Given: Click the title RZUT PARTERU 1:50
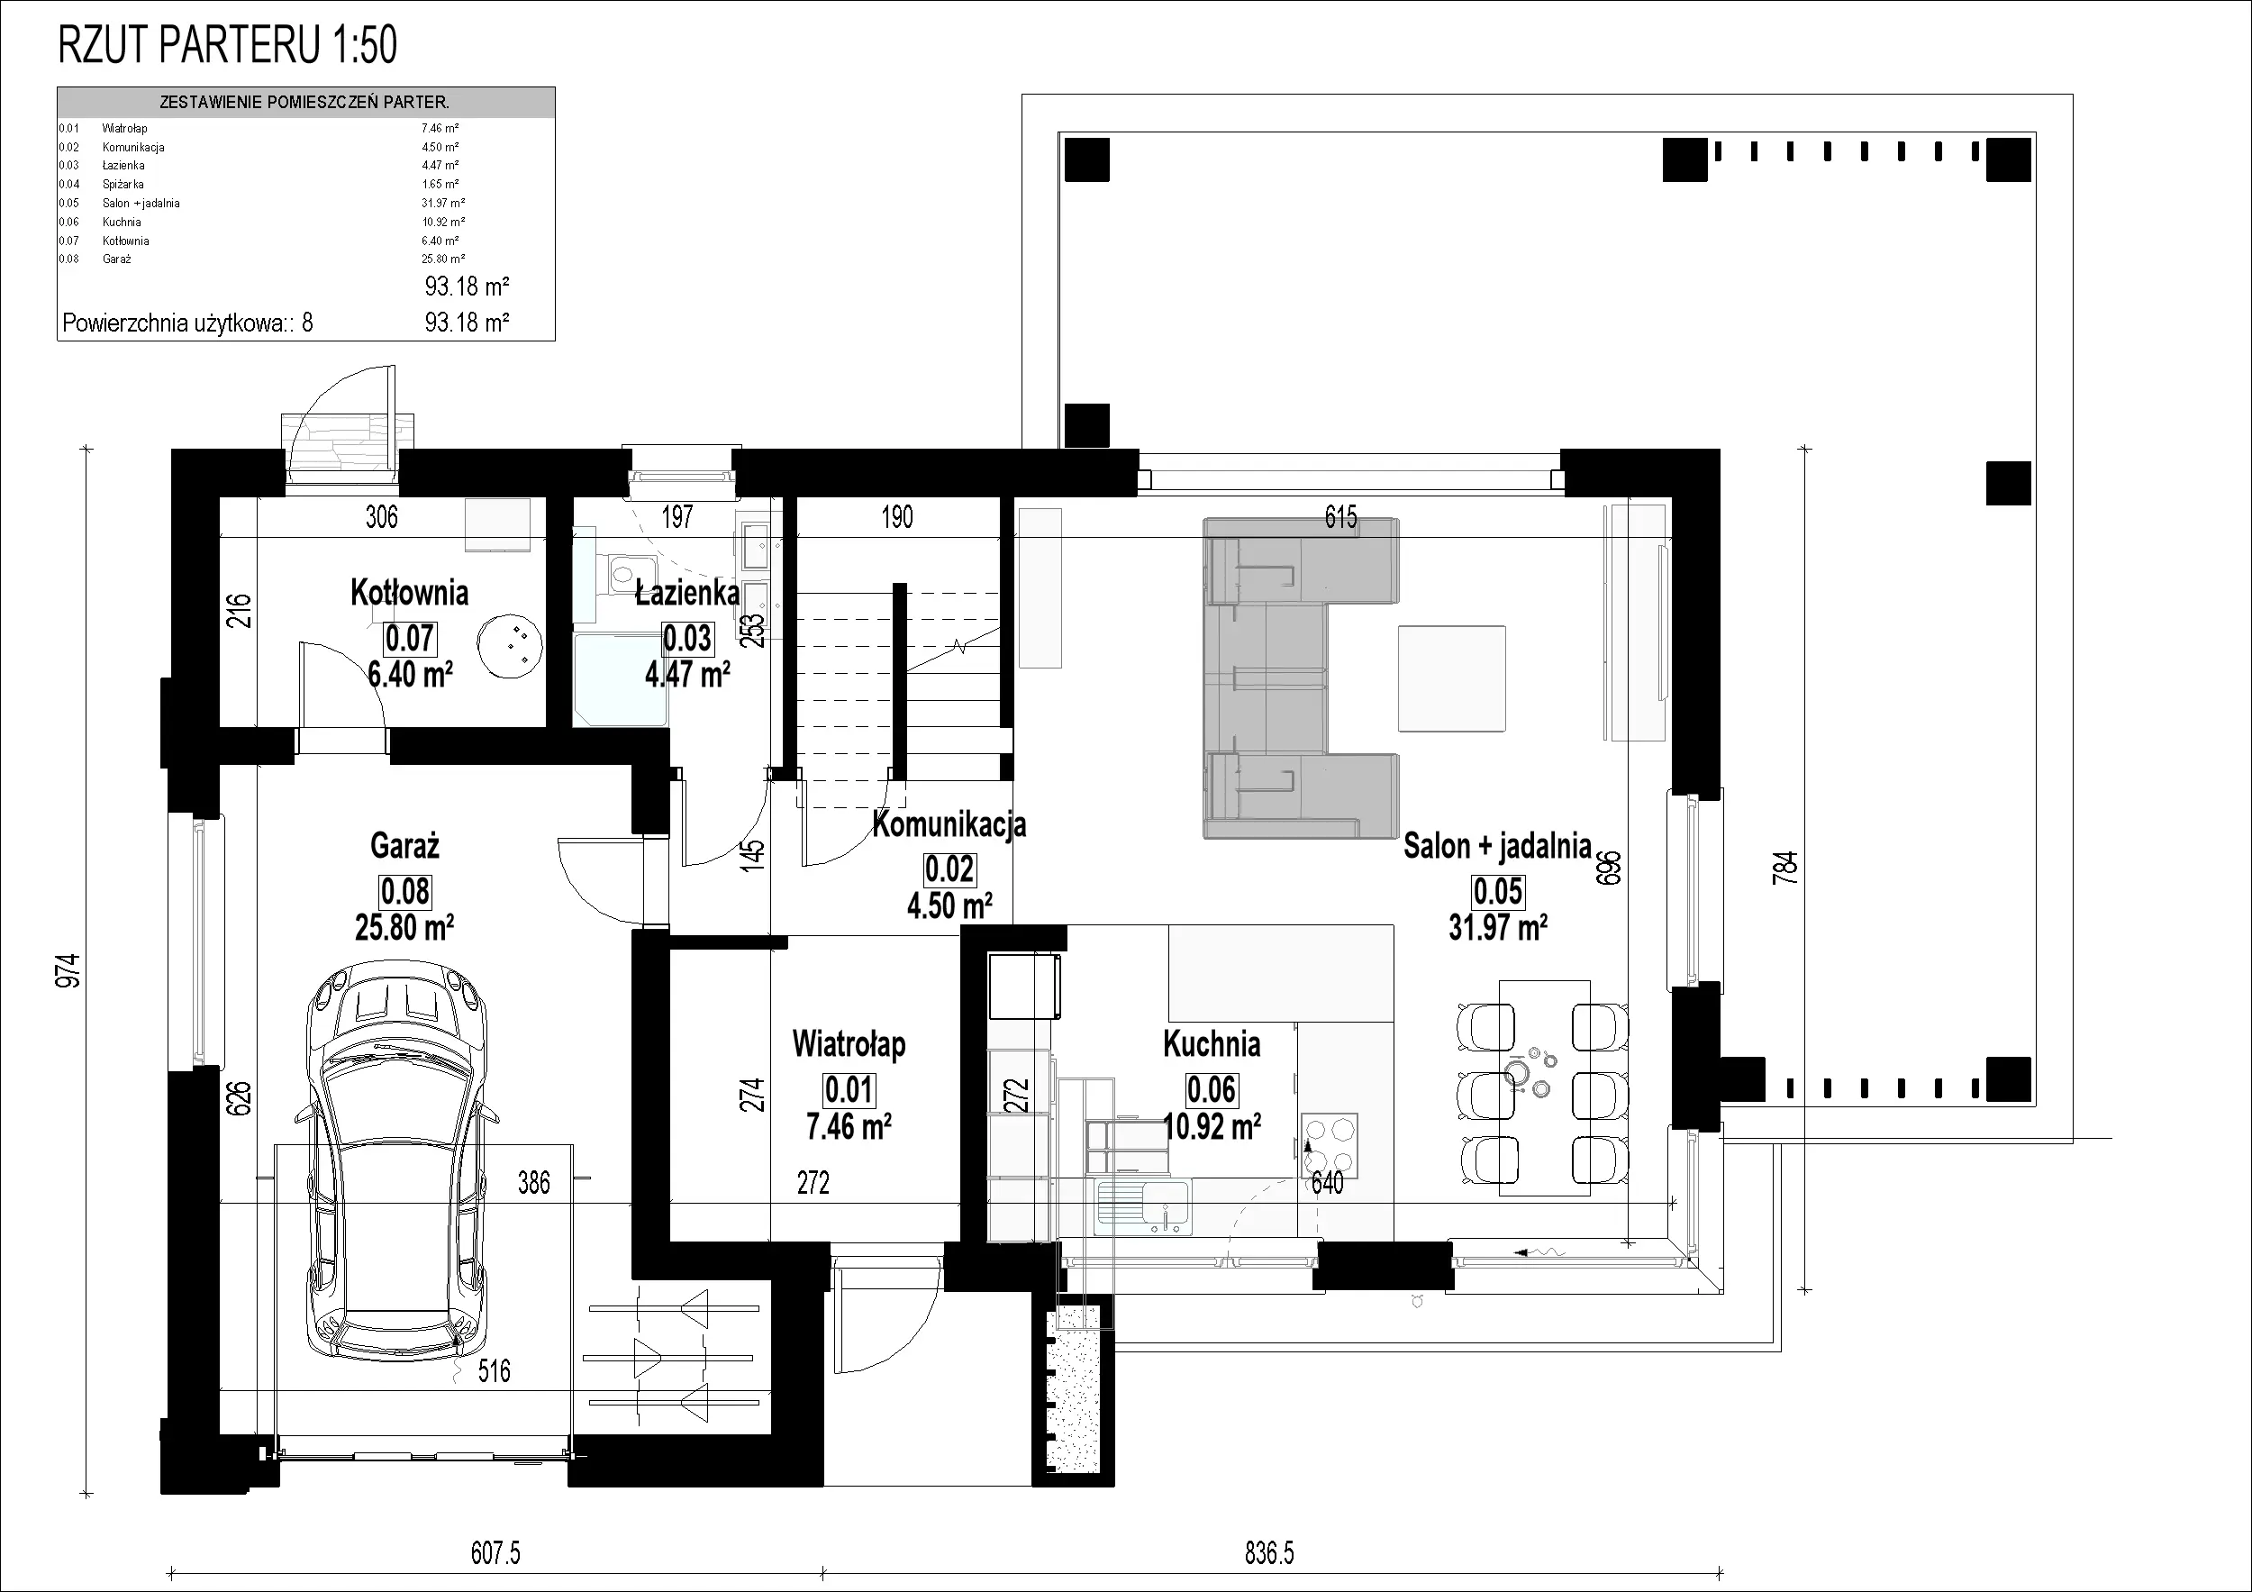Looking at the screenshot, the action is pos(228,45).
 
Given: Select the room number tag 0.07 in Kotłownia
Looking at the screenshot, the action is pos(409,639).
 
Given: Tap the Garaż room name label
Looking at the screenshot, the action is pos(404,845).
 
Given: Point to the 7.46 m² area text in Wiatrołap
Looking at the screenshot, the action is pos(849,1127).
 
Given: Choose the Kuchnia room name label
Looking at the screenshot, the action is pos(1212,1043).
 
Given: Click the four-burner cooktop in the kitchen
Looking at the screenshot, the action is pos(1330,1145).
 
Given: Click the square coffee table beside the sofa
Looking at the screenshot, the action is pos(1451,678).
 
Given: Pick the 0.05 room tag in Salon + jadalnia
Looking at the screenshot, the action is pos(1498,891).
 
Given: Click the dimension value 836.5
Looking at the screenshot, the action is pos(1269,1552).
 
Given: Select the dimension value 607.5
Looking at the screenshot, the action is pos(495,1552).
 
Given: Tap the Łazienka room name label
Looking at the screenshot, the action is pos(686,593).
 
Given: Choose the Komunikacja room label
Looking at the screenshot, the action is pos(949,825).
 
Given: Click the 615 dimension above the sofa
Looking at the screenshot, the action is pos(1340,517).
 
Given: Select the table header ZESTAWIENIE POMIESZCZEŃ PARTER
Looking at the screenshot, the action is pos(304,102).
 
